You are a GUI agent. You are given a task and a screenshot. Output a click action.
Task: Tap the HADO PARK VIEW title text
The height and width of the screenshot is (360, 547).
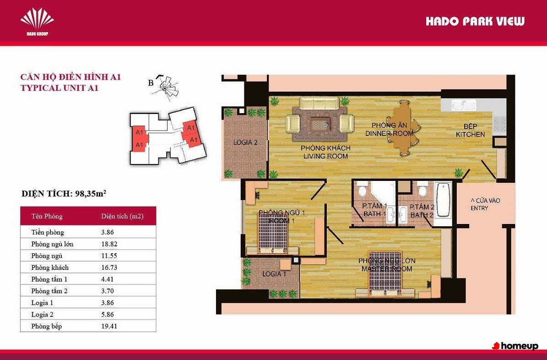tap(475, 22)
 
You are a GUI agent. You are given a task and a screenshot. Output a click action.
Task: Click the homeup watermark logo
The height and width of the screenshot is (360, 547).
tap(515, 346)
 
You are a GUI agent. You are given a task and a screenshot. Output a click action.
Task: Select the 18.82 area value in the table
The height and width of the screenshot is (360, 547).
tap(109, 244)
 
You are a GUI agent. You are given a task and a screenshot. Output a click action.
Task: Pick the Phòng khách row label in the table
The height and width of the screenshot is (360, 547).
tap(50, 267)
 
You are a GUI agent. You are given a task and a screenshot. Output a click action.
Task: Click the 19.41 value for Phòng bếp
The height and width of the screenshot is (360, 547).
tap(109, 326)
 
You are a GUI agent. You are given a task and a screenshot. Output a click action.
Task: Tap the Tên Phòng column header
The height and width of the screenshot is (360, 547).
tap(47, 216)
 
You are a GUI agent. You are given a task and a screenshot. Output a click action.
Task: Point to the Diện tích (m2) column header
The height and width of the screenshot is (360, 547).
tap(123, 216)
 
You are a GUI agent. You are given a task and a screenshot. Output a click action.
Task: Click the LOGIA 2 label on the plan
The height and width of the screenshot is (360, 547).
tap(245, 142)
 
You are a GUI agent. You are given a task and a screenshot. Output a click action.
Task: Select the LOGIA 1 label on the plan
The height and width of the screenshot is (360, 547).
tap(274, 274)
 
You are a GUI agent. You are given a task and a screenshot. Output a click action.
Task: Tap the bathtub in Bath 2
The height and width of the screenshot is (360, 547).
tap(443, 200)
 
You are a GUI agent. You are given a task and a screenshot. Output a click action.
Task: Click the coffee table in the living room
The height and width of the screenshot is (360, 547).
tap(319, 124)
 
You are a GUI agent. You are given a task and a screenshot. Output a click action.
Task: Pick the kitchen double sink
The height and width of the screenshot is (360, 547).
tap(464, 105)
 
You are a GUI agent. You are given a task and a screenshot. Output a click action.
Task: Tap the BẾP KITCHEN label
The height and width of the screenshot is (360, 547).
tap(470, 130)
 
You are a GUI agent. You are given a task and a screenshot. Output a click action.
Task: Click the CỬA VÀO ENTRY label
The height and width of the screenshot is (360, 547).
tap(485, 204)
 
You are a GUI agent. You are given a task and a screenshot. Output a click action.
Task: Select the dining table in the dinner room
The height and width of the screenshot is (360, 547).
tap(402, 128)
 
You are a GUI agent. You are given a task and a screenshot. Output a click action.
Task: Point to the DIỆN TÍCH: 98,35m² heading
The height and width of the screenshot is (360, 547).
tap(64, 193)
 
